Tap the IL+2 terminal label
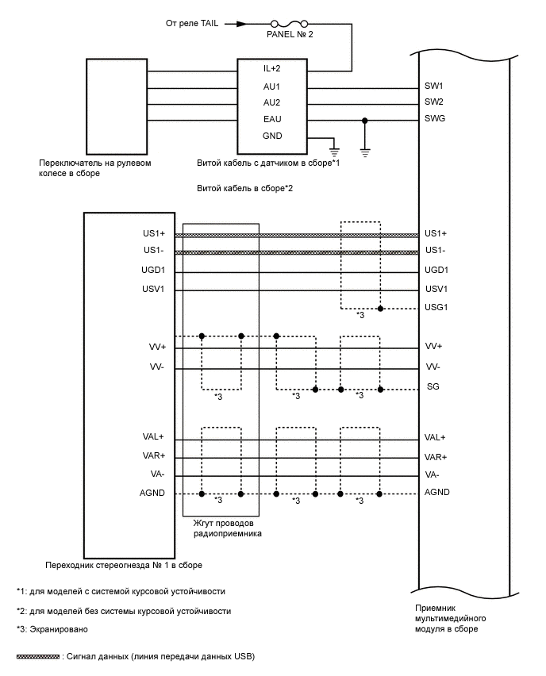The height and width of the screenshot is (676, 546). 272,69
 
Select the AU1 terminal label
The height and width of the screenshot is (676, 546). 272,86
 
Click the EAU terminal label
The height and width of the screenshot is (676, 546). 272,119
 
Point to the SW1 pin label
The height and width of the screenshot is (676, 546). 434,86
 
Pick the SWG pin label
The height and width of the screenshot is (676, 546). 435,119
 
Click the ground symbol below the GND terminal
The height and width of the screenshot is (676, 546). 334,148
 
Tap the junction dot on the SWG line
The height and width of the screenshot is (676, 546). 364,120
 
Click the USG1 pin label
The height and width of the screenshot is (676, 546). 436,308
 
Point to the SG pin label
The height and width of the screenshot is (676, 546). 433,386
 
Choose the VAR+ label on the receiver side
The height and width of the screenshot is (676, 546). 436,457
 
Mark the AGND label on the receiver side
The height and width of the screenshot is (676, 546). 437,492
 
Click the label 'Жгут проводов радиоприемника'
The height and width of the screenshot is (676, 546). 228,529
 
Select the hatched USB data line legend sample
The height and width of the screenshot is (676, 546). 38,657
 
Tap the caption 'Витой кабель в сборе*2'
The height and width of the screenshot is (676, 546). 245,190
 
